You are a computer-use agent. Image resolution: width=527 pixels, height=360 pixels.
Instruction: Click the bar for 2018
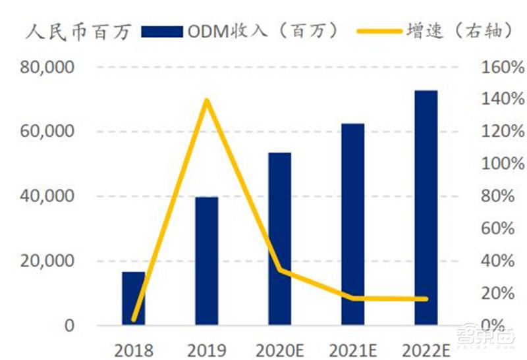click(x=134, y=299)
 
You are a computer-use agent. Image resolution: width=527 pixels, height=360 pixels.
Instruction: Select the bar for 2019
click(x=207, y=261)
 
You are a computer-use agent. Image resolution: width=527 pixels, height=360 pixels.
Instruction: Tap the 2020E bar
click(x=279, y=239)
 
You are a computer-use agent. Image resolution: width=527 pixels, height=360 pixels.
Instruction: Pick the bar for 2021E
click(x=352, y=224)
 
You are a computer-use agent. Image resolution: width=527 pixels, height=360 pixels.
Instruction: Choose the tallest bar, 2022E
click(x=426, y=207)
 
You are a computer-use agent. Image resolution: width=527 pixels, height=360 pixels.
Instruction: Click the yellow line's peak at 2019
click(x=207, y=100)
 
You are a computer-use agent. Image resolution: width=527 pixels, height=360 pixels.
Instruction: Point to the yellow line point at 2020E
click(x=279, y=270)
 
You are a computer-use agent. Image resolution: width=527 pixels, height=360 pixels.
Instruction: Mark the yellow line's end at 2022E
click(x=426, y=299)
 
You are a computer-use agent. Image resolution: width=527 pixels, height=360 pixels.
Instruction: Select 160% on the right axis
click(x=502, y=68)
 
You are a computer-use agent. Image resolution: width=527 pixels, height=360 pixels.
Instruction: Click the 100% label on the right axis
click(x=502, y=165)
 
